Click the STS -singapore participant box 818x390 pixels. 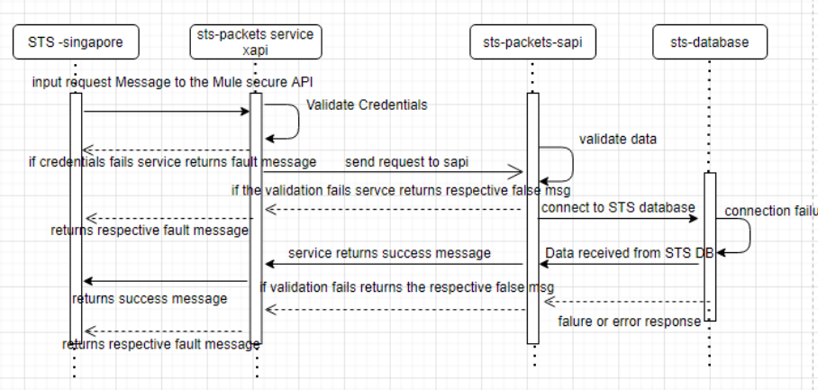pyautogui.click(x=74, y=41)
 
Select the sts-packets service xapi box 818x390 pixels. pyautogui.click(x=256, y=41)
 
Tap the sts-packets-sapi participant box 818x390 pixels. pyautogui.click(x=532, y=41)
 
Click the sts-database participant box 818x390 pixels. pyautogui.click(x=709, y=41)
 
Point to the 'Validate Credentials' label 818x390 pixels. pyautogui.click(x=367, y=105)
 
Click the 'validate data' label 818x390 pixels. pyautogui.click(x=617, y=139)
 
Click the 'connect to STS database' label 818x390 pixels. pyautogui.click(x=618, y=208)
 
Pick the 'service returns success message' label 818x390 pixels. pyautogui.click(x=389, y=253)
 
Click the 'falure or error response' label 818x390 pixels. pyautogui.click(x=629, y=322)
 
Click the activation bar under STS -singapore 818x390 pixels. pyautogui.click(x=76, y=216)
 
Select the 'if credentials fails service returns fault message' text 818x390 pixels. pyautogui.click(x=172, y=162)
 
